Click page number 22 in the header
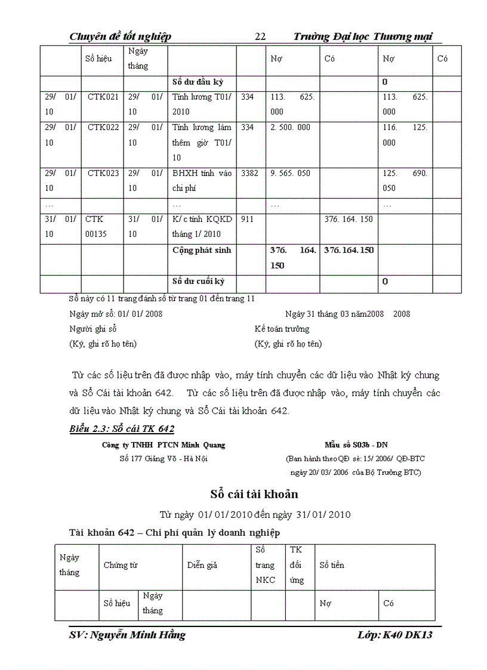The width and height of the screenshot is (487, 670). tap(260, 37)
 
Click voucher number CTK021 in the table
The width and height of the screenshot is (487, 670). tap(103, 97)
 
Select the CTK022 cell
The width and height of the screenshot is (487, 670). tap(103, 127)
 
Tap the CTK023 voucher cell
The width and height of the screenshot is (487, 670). tap(103, 174)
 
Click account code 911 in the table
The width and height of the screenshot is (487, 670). tap(247, 220)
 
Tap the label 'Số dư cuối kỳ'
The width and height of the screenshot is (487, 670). tap(198, 281)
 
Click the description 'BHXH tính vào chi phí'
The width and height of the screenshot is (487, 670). tap(201, 181)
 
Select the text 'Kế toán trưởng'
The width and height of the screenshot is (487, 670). tap(282, 329)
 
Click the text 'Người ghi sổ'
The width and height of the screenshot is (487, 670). tap(93, 329)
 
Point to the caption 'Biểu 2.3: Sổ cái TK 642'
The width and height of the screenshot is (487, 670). tap(122, 428)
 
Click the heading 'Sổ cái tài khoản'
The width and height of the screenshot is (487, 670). tap(254, 494)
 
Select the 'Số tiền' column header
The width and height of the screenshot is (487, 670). tap(332, 565)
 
